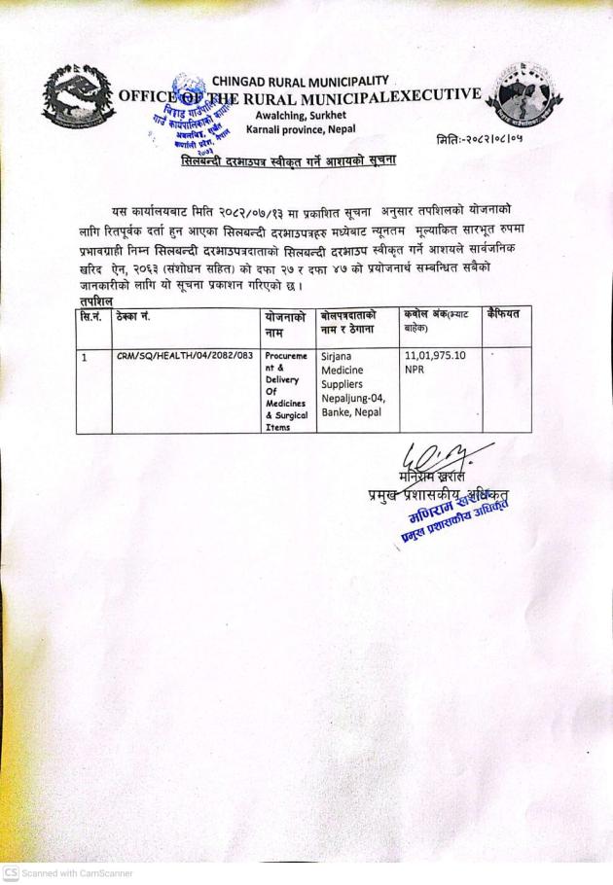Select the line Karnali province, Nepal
301,129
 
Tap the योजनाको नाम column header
285,325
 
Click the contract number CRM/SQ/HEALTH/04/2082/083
184,357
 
